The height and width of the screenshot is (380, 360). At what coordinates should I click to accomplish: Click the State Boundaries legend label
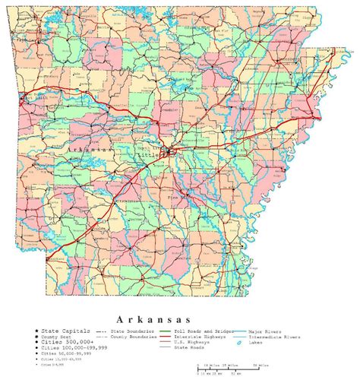click(133, 332)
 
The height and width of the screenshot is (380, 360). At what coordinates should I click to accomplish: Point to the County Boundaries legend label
click(134, 338)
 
